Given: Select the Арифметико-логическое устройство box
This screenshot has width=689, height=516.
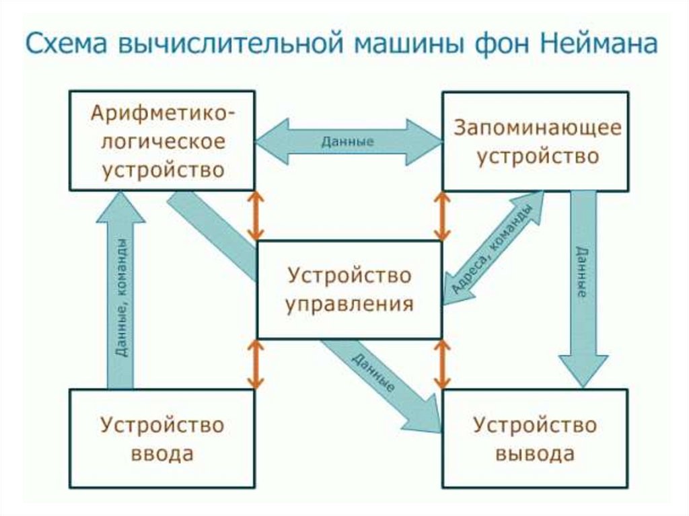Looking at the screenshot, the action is pos(162,141).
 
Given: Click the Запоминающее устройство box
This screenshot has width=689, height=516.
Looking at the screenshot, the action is pos(536,141).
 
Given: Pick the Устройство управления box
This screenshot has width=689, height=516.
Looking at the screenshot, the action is pos(349,290).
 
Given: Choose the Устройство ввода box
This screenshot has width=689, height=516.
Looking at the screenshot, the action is pos(162,439).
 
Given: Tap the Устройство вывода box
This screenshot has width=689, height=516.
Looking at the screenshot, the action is pos(536,439).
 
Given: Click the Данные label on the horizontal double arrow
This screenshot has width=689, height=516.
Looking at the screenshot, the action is pos(348,141).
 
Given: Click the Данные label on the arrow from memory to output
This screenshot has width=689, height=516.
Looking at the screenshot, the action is pos(582,272).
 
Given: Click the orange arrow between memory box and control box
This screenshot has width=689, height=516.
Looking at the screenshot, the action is pos(442,216).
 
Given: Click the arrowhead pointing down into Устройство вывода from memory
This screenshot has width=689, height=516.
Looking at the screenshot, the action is pos(583,371).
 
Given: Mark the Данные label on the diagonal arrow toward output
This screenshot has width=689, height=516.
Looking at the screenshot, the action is pos(373,373).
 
